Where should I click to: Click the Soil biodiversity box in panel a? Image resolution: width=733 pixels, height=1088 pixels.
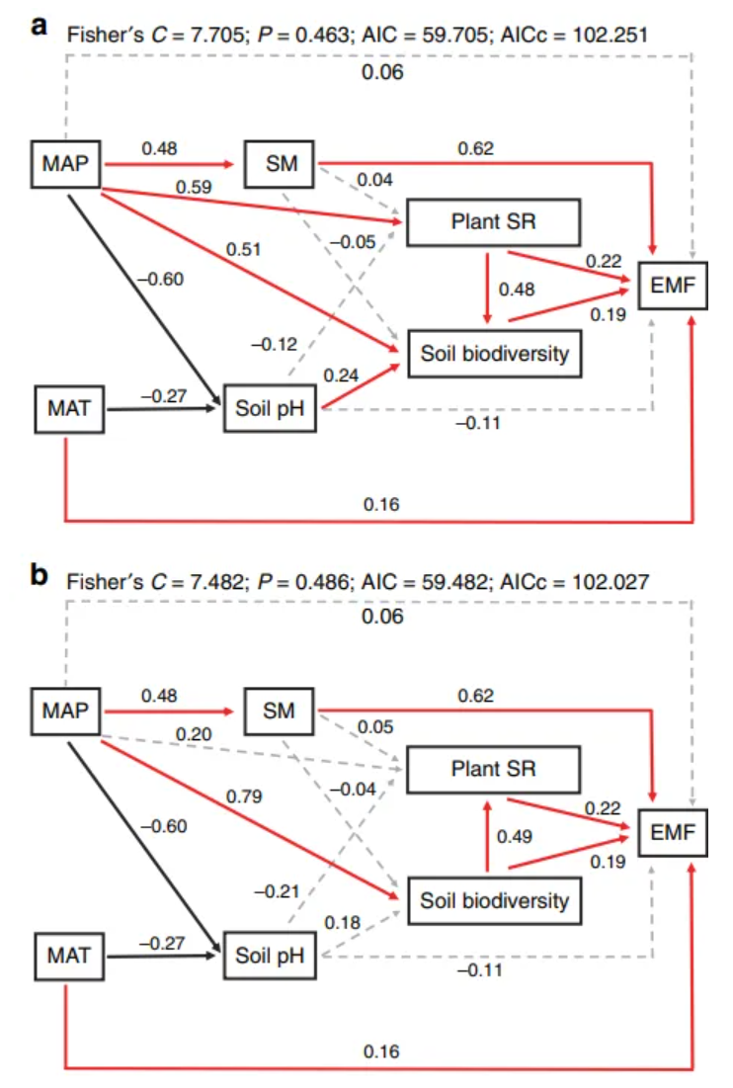point(495,352)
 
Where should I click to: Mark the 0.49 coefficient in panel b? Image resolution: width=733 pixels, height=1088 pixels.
point(514,836)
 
